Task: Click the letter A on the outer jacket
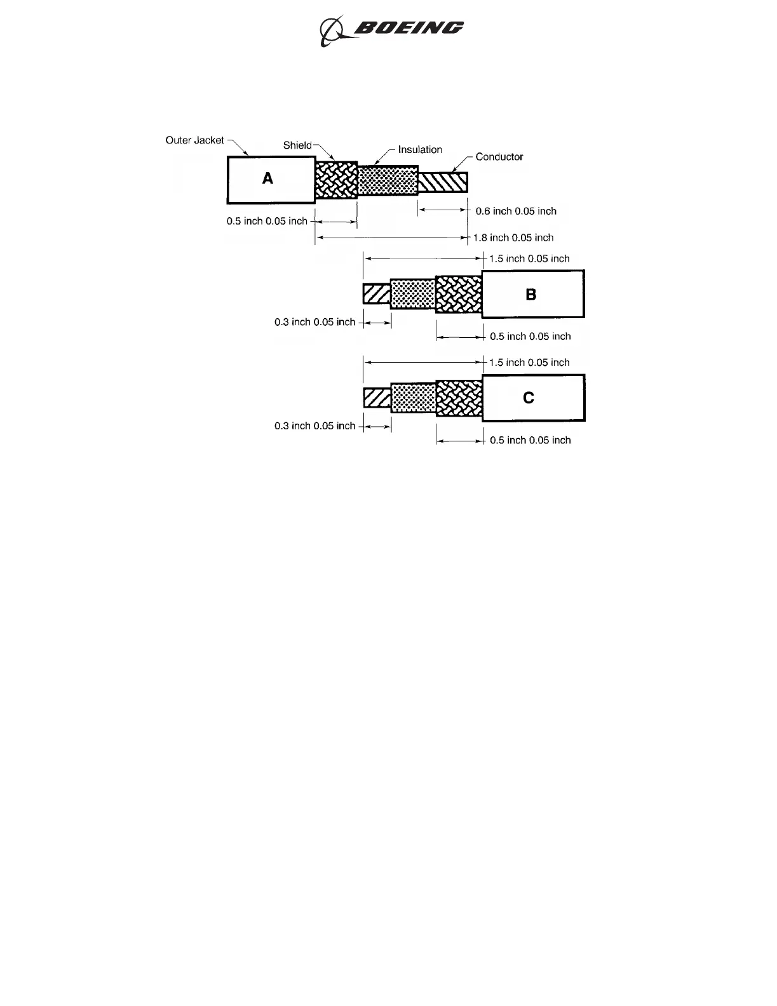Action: [267, 179]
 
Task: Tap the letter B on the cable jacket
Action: [531, 295]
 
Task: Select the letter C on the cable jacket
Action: [529, 398]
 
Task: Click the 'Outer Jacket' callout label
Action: [194, 140]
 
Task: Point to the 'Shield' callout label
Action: [297, 145]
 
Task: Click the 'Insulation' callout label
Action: [420, 150]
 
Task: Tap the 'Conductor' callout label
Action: [499, 157]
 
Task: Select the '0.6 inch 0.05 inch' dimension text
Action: [516, 211]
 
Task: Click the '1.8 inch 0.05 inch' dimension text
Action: [513, 238]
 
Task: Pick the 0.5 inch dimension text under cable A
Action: [267, 222]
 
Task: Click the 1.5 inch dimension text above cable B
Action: [529, 259]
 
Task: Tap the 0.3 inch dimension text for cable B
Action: [314, 323]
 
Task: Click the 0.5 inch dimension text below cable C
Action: [530, 441]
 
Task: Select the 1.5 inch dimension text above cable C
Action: [529, 363]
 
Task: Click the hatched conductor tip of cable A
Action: [443, 182]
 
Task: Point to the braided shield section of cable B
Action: [459, 295]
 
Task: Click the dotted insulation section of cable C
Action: [414, 398]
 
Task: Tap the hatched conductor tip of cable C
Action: [377, 398]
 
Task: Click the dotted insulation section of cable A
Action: [388, 181]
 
